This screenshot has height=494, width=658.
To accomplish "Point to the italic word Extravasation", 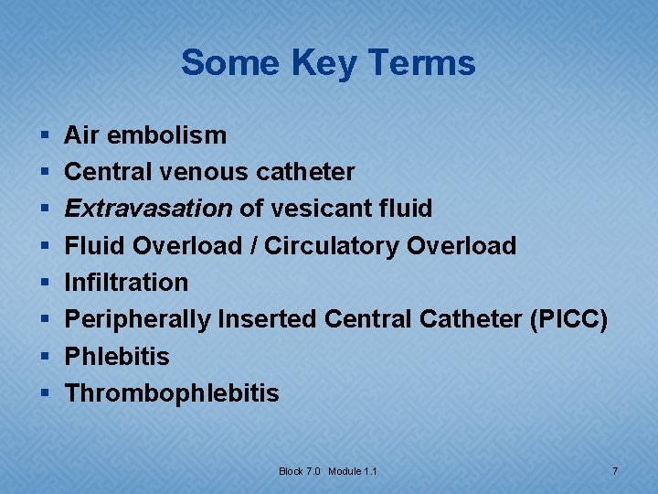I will (x=148, y=209).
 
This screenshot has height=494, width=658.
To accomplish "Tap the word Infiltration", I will (x=126, y=283).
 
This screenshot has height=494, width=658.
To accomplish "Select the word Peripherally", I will (x=137, y=320).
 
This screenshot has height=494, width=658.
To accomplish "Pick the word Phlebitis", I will (x=117, y=357).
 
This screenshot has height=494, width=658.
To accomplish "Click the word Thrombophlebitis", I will (x=172, y=393).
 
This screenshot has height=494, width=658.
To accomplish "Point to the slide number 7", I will (x=615, y=471).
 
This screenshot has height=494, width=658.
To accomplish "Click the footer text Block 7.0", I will (x=301, y=471).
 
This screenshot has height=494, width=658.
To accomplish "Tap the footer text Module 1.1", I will (x=353, y=471).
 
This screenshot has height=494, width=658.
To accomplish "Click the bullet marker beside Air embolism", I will (x=46, y=136).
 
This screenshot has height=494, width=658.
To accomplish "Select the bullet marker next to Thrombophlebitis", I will (x=46, y=394).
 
